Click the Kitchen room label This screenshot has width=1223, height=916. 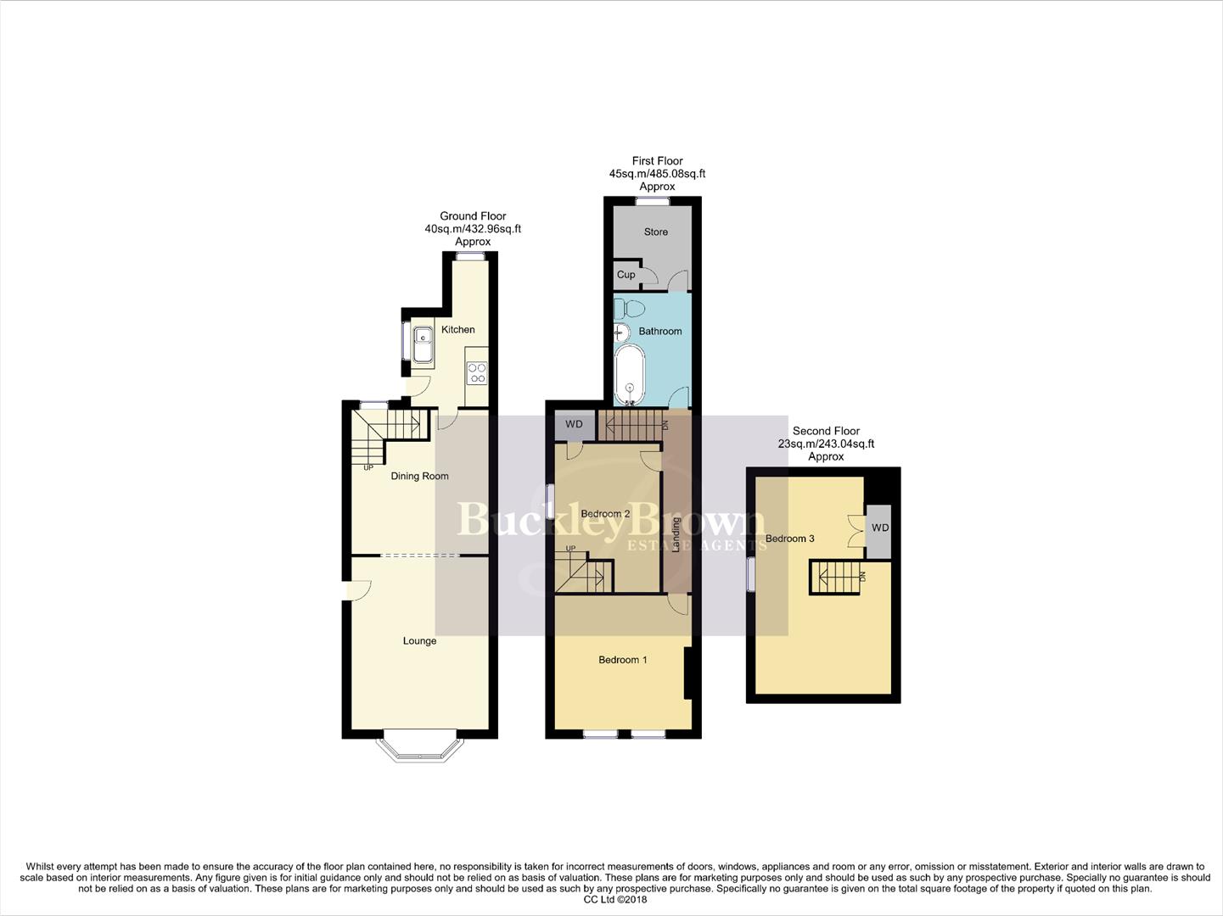(457, 329)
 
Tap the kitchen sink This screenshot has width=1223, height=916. (423, 347)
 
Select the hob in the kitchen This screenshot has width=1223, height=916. (477, 373)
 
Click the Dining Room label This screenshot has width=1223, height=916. (419, 476)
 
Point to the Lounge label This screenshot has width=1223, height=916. (419, 640)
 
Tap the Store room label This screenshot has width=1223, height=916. (656, 232)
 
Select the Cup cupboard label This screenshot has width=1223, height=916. (626, 275)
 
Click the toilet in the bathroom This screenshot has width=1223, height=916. (629, 306)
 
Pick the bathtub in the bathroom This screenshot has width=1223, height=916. (629, 373)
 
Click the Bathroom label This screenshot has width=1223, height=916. (660, 331)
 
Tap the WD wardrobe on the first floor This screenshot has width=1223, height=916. (575, 424)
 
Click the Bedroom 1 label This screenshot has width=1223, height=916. (623, 659)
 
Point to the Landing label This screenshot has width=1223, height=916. (676, 534)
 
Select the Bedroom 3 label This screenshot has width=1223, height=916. (789, 539)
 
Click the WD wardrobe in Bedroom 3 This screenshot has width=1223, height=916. (879, 528)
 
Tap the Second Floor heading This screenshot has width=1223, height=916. (826, 431)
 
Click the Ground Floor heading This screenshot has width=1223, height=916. (473, 216)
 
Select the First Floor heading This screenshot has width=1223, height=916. (657, 160)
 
